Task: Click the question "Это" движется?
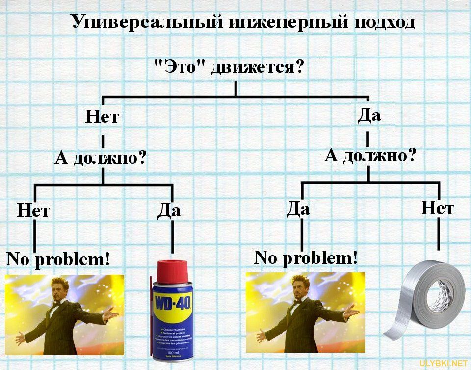point(229,66)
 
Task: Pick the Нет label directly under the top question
point(102,117)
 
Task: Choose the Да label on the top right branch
point(369,115)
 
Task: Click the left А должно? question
point(101,158)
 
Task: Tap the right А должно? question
point(370,156)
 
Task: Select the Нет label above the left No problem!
point(33,211)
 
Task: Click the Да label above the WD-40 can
point(169,210)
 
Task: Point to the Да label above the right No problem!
point(298,209)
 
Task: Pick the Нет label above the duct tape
point(438,208)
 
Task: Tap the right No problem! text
point(305,257)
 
